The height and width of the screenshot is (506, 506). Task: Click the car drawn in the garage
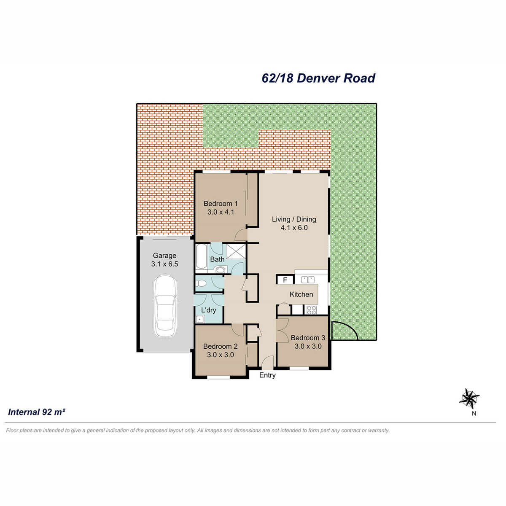click(164, 306)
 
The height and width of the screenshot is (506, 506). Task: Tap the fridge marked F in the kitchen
click(285, 280)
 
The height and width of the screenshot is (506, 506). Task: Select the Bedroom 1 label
click(221, 204)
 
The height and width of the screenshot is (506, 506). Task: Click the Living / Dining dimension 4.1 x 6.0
click(294, 227)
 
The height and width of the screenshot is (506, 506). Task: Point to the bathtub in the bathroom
click(201, 256)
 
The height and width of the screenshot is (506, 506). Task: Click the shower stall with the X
click(236, 252)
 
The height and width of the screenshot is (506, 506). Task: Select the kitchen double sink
click(308, 280)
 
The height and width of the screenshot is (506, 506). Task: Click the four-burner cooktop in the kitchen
click(312, 310)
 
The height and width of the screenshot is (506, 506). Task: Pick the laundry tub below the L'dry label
click(200, 319)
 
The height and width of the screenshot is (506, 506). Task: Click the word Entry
click(267, 375)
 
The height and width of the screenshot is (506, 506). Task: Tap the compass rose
click(469, 398)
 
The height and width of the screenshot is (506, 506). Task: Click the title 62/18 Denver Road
click(318, 78)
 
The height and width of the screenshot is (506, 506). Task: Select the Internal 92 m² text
click(37, 412)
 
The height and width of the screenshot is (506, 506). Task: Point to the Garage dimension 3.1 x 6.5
click(164, 264)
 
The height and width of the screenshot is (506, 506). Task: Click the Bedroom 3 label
click(308, 338)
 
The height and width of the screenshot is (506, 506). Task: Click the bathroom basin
click(220, 270)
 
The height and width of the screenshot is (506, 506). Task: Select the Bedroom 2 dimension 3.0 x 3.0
click(221, 355)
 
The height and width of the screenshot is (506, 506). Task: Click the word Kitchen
click(301, 294)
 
